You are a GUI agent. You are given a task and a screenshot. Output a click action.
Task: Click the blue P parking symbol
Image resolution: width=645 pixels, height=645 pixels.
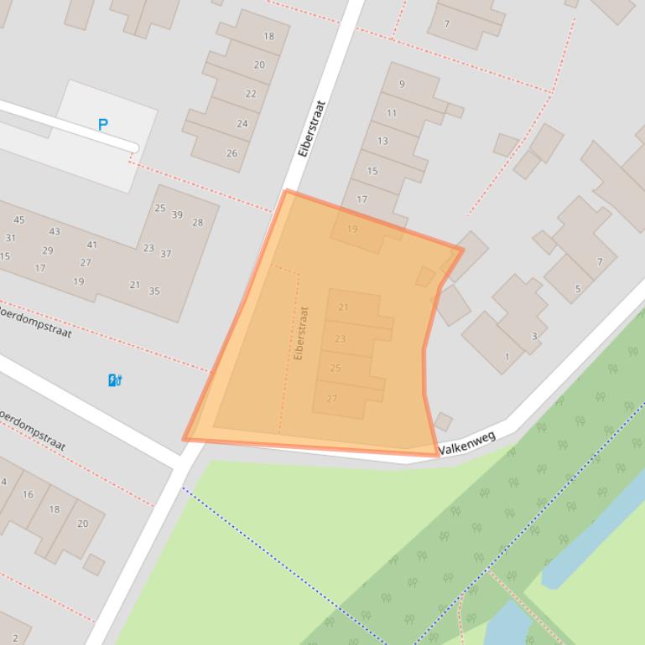click(103, 125)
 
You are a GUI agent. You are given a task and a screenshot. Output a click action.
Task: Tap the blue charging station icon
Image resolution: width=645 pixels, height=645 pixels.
click(115, 380)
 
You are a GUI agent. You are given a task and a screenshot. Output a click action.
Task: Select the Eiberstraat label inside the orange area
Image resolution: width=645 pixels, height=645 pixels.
click(302, 333)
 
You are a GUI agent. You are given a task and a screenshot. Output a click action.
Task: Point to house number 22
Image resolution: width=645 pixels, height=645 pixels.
click(251, 94)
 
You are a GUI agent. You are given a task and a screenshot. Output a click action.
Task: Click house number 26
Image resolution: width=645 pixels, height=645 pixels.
click(231, 153)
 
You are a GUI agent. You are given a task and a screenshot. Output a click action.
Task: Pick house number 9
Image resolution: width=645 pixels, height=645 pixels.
click(402, 84)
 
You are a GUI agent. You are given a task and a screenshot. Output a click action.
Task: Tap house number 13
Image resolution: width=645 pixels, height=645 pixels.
click(382, 141)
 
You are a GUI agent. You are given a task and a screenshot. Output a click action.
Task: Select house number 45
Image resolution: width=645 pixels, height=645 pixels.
click(18, 220)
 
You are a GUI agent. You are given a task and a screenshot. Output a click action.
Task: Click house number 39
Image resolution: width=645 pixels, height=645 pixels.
click(177, 215)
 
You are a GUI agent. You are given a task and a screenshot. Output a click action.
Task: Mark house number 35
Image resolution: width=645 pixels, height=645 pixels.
click(154, 292)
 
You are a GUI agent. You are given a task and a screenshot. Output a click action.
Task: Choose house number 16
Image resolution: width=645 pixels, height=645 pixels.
click(28, 494)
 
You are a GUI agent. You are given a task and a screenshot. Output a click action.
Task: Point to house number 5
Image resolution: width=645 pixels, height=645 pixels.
click(577, 290)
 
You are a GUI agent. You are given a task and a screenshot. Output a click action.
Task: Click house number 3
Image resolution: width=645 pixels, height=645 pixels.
click(534, 337)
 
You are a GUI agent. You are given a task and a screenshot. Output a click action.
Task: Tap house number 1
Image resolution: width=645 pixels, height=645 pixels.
click(507, 357)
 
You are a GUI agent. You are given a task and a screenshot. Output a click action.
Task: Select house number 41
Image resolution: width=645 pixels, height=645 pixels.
click(92, 245)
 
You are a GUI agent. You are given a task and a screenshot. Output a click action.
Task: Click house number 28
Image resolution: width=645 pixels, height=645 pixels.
click(198, 223)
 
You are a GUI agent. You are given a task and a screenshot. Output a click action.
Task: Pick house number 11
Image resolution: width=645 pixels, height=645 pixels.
click(392, 113)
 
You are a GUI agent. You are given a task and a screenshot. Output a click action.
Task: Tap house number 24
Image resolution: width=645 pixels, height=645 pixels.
click(242, 124)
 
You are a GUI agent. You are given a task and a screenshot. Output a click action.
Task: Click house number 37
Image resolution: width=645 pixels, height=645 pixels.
click(166, 254)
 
